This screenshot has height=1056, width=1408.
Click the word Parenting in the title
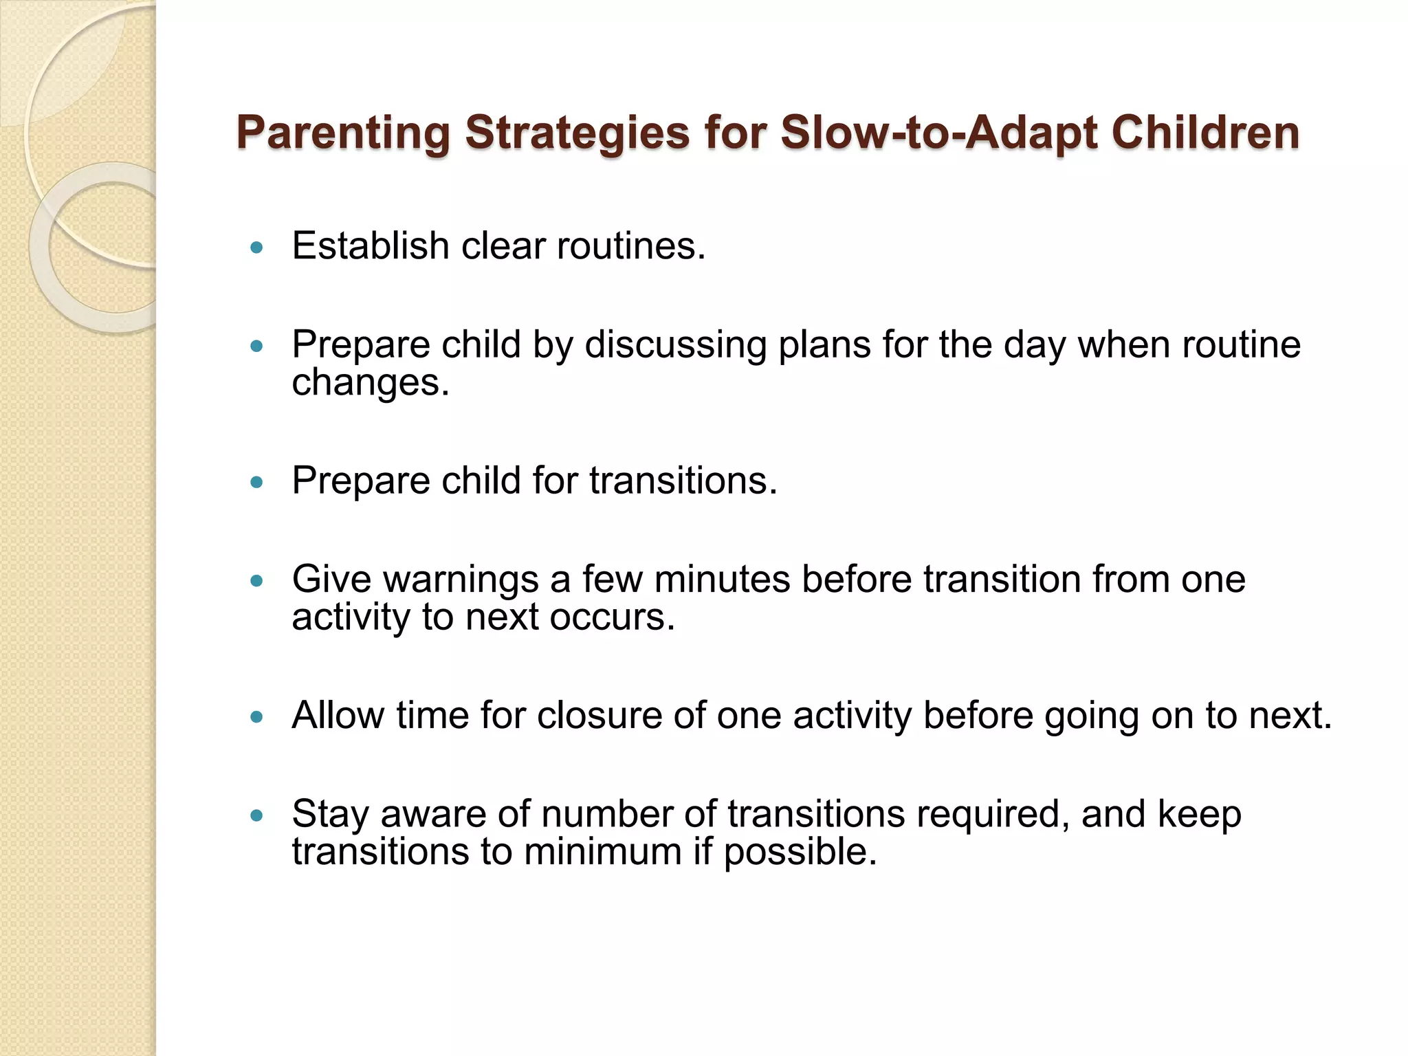point(343,132)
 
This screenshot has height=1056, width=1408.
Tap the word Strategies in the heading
point(577,132)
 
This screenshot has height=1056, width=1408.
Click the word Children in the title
point(1205,132)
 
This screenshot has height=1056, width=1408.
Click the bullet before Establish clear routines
point(257,247)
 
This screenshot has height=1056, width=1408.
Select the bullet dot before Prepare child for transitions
point(257,483)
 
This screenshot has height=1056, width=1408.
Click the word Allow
point(338,715)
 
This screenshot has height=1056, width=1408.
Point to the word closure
point(599,715)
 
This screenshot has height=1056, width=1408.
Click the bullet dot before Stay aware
point(257,816)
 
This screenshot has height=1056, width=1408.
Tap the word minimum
point(602,852)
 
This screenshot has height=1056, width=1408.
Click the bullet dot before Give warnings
point(257,582)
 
